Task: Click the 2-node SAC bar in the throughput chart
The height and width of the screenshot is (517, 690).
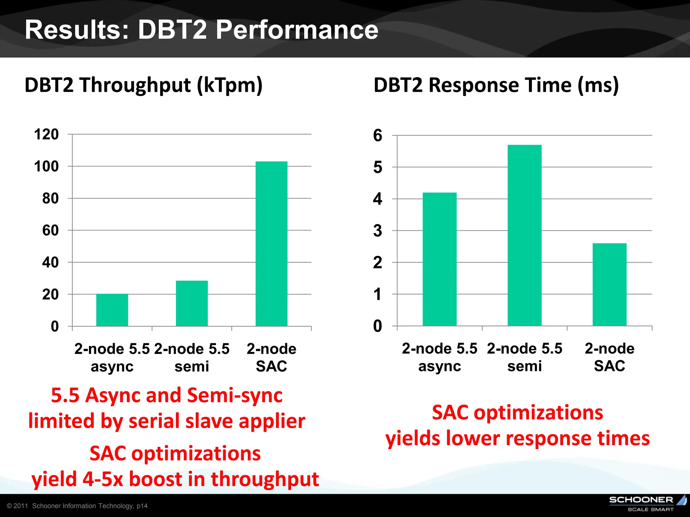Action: (x=271, y=244)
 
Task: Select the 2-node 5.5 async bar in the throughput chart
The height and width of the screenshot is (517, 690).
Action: (x=112, y=310)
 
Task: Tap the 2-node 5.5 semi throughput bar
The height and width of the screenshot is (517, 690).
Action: (x=192, y=303)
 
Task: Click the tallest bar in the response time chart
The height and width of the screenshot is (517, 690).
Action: (x=525, y=235)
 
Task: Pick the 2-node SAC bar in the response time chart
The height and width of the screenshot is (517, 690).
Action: (x=609, y=284)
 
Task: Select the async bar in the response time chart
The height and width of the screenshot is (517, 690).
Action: (x=440, y=259)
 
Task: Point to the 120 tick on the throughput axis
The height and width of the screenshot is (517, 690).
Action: (x=46, y=134)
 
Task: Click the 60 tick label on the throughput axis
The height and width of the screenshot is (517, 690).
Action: (x=51, y=231)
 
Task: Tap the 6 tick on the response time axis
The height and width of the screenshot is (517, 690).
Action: (x=378, y=136)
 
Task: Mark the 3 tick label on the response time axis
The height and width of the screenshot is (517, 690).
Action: (x=378, y=231)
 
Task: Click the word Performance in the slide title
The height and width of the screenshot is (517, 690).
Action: (x=297, y=30)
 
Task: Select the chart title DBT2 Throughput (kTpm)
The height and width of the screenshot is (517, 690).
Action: (x=144, y=85)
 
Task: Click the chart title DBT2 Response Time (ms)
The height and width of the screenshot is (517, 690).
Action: (x=496, y=85)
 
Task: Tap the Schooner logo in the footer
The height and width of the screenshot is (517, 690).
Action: (x=647, y=503)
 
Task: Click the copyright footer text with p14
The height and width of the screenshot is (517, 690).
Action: (x=77, y=506)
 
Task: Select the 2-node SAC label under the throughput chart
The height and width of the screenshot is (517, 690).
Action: (x=271, y=357)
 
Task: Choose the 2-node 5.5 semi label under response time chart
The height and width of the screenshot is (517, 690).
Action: (x=525, y=357)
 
